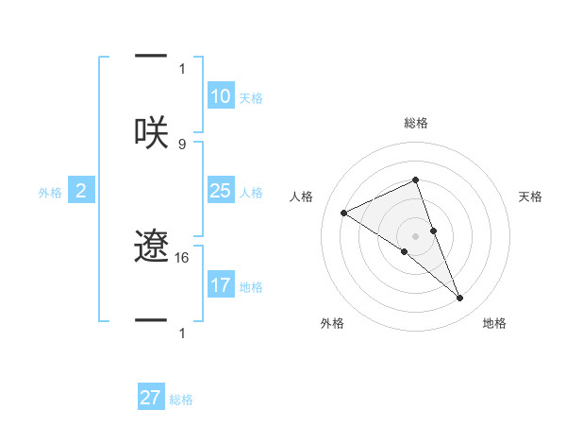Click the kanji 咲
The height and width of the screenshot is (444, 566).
[x=151, y=131]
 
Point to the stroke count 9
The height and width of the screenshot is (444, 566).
[x=182, y=144]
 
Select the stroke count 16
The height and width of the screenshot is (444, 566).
[x=182, y=257]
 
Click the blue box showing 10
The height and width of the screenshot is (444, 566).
[x=221, y=96]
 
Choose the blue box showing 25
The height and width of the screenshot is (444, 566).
[x=221, y=191]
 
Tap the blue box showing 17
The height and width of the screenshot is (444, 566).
[x=221, y=284]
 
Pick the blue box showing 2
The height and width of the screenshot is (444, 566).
[x=80, y=191]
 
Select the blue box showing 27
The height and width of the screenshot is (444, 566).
[x=151, y=398]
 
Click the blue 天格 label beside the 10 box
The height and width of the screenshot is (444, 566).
[x=251, y=98]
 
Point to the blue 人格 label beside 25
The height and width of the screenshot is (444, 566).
[x=251, y=193]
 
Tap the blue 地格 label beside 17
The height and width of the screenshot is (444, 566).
[x=251, y=286]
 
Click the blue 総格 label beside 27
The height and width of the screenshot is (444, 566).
[x=181, y=400]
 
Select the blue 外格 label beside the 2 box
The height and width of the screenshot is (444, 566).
[x=50, y=193]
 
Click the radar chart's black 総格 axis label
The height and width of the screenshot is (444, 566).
[x=415, y=123]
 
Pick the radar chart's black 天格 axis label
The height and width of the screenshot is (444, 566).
[x=531, y=196]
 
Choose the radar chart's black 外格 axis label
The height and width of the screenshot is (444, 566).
[x=331, y=323]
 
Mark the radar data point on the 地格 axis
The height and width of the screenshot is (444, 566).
[x=460, y=299]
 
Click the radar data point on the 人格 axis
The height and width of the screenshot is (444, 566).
[x=343, y=213]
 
